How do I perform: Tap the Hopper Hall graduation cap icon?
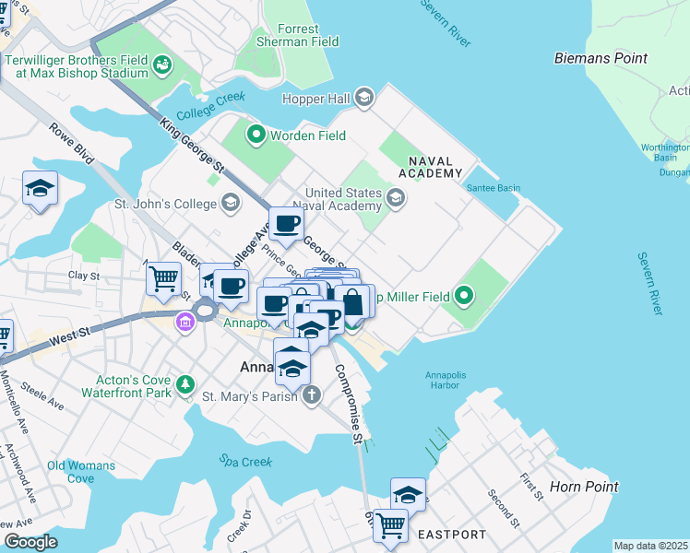coord(364,98)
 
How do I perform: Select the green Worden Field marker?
coord(255,136)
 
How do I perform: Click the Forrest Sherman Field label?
coord(298,35)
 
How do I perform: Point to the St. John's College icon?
coord(229,203)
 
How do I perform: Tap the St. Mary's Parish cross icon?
coord(312,396)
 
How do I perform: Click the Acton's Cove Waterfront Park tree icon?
coord(185,382)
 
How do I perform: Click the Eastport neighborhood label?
coord(451,534)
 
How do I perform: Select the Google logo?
coord(30,542)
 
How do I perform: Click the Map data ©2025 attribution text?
coord(651,546)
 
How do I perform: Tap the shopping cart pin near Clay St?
coord(163,276)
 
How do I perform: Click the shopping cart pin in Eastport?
coord(390,524)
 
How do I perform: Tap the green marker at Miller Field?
coord(464,296)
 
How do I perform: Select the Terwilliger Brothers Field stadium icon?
coord(163,65)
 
